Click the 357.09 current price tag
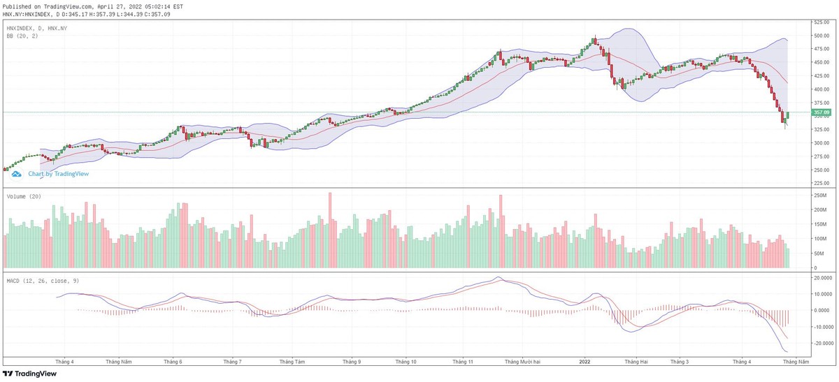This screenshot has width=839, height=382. click(x=820, y=112)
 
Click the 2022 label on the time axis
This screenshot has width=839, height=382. click(x=585, y=362)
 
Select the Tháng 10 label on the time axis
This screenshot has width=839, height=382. click(x=406, y=362)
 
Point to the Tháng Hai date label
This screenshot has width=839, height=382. click(x=636, y=362)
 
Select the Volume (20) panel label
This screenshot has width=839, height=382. click(x=24, y=196)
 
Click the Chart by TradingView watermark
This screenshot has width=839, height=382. click(x=59, y=174)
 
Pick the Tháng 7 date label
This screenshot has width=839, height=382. click(x=232, y=362)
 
